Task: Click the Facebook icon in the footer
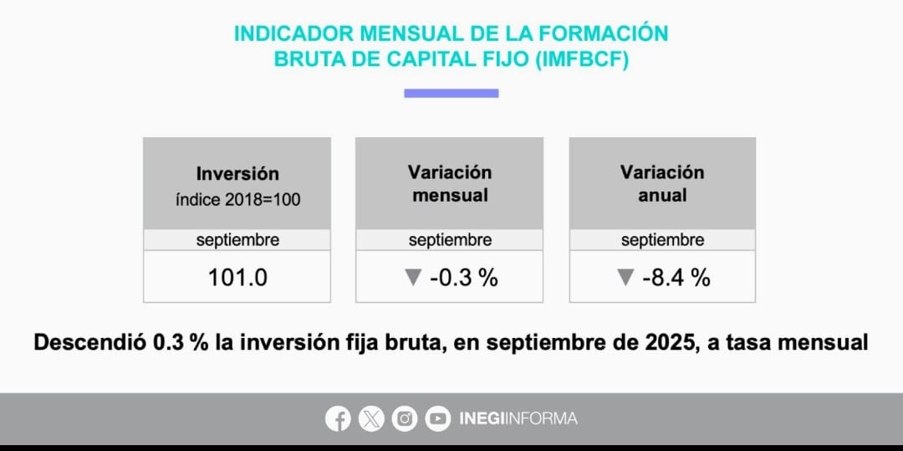coord(338,418)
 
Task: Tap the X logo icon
coord(371,418)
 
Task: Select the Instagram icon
coord(405,418)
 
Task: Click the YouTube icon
coord(437,418)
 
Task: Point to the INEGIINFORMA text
coord(518,418)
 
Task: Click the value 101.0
coord(237,278)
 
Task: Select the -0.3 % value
coord(463,278)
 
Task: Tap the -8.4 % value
coord(676,278)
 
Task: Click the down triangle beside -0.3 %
coord(412,278)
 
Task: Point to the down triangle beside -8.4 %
coord(625,278)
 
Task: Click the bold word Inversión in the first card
coord(237,174)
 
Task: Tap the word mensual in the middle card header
coord(450,195)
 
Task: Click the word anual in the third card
coord(662,195)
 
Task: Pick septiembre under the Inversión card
coord(237,240)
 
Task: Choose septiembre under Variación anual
coord(662,240)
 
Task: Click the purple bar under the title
coord(451,93)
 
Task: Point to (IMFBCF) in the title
coord(584,60)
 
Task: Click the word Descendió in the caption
coord(89,343)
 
